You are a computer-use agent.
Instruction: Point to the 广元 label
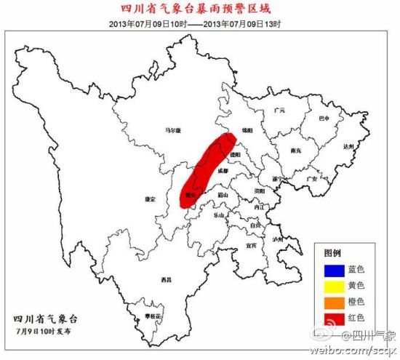point(279,111)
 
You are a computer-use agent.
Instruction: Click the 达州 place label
point(349,146)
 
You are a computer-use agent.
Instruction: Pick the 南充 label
point(295,151)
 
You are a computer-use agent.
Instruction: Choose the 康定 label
point(151,199)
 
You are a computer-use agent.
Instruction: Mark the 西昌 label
point(167,280)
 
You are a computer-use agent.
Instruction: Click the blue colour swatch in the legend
point(329,269)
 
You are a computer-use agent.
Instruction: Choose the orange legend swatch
point(329,301)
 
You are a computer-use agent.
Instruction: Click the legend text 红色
point(357,317)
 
